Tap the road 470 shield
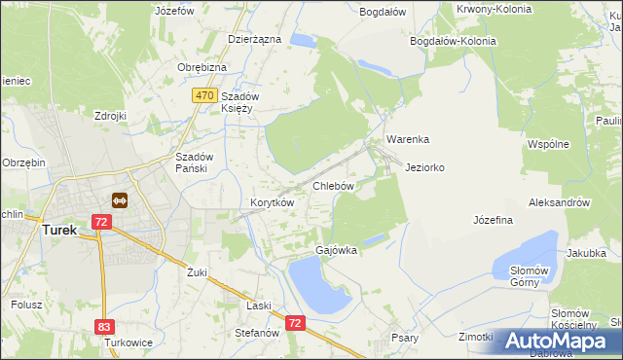tap(203, 95)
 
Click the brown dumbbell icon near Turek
tap(120, 200)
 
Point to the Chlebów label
tap(332, 185)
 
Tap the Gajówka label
tap(336, 250)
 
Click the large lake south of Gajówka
tap(317, 287)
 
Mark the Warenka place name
tap(408, 139)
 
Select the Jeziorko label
tap(424, 167)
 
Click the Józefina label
tap(493, 221)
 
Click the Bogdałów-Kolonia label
tap(453, 41)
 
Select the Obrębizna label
tap(202, 67)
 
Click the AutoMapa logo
tap(553, 341)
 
